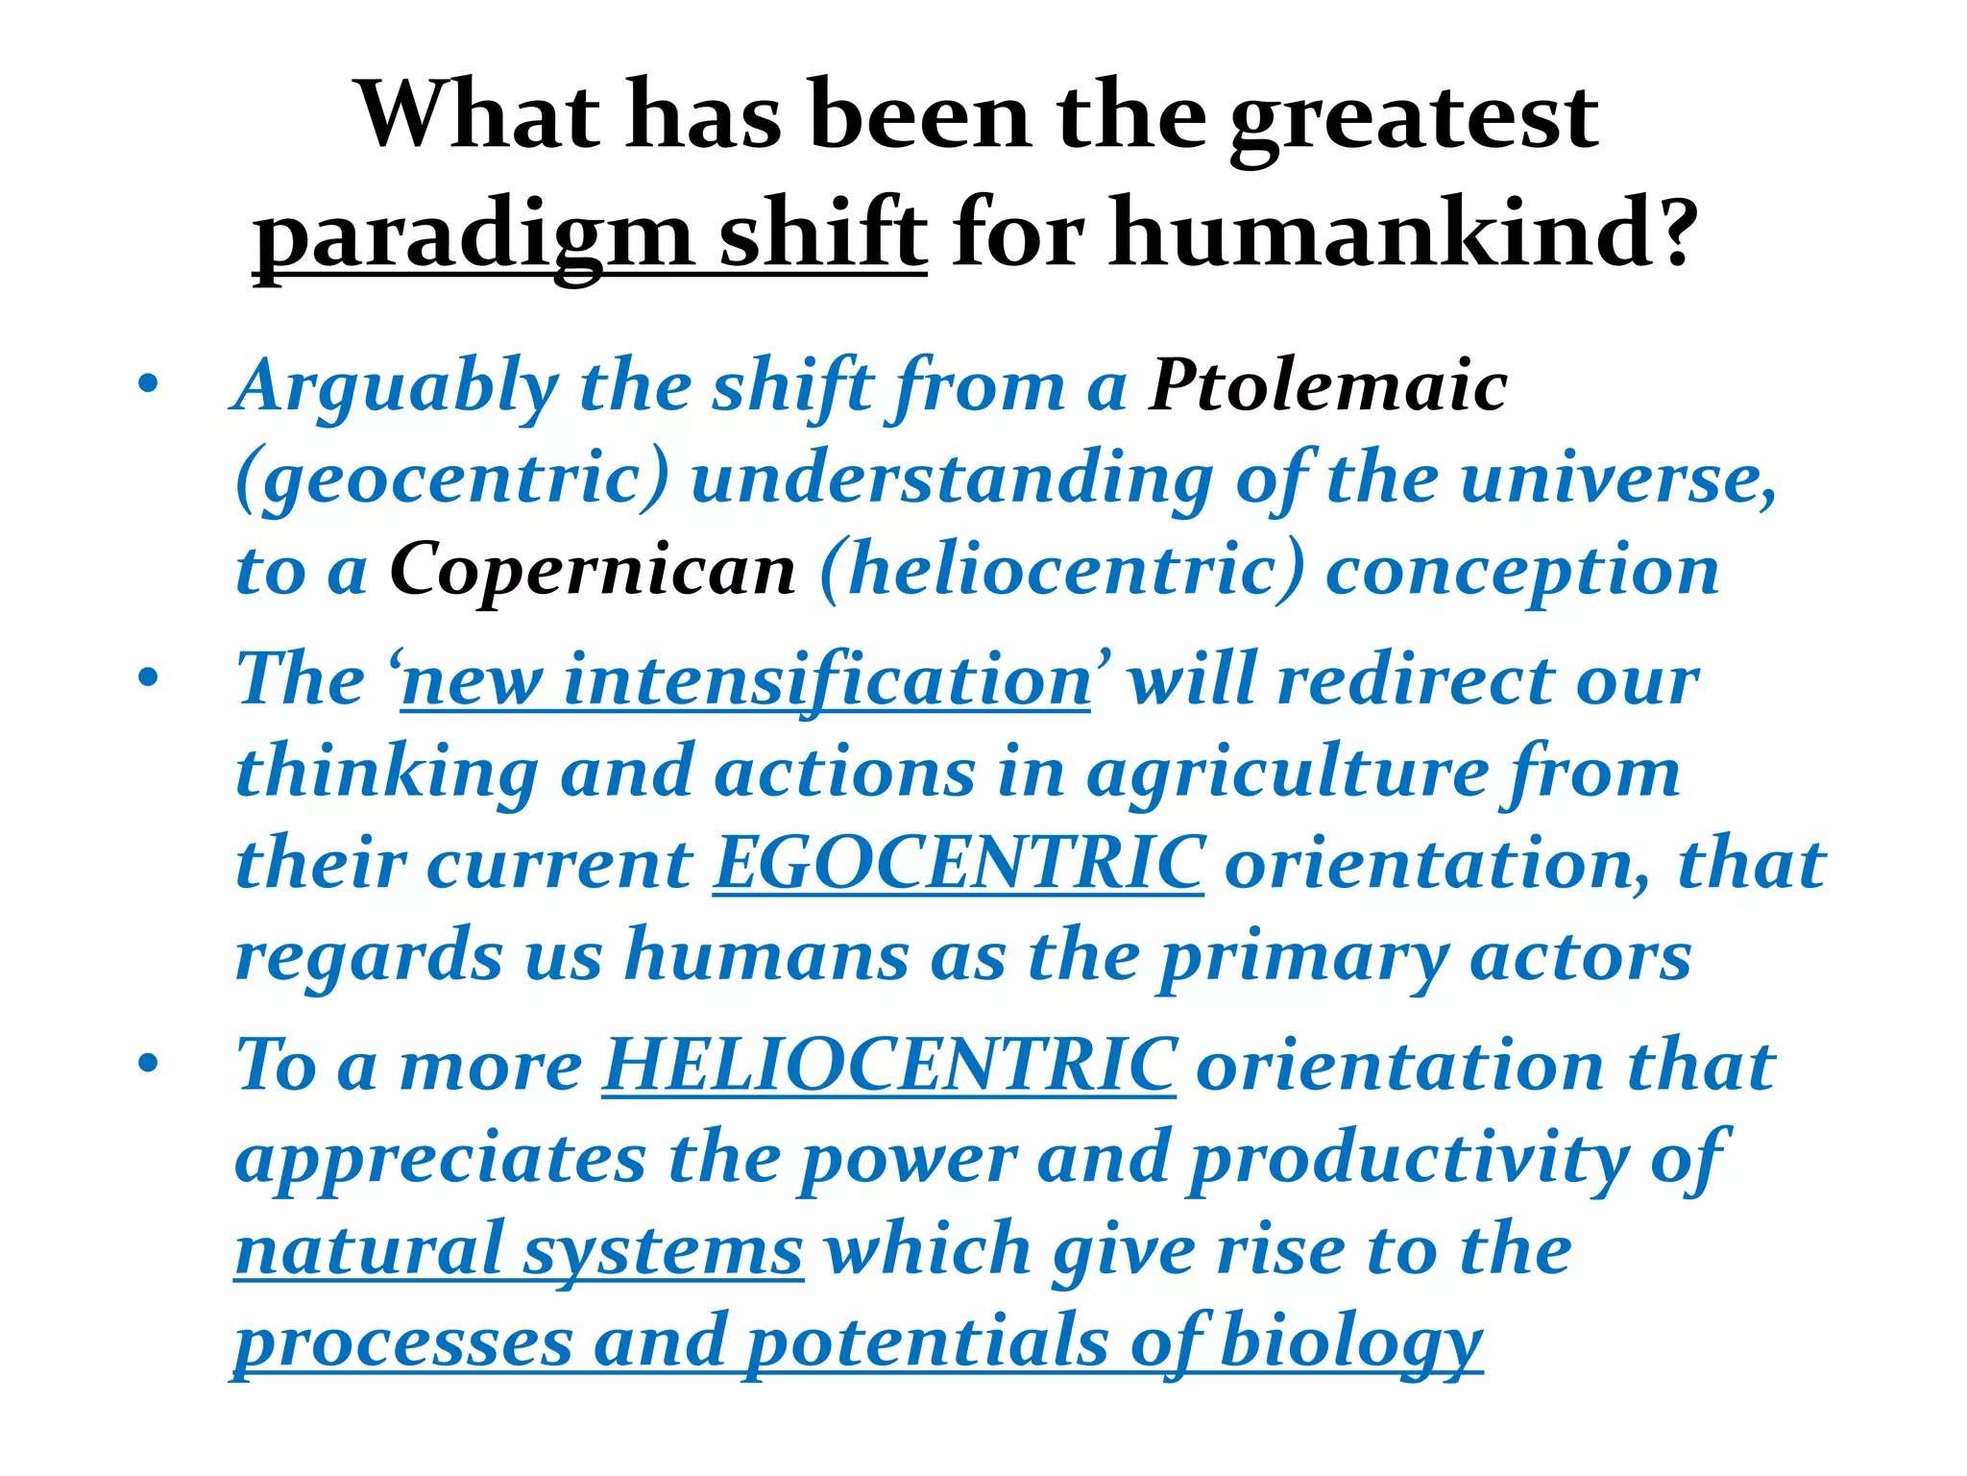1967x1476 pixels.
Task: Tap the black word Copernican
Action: (593, 570)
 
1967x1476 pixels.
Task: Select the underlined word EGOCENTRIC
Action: (958, 863)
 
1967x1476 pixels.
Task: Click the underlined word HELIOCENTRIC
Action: (888, 1066)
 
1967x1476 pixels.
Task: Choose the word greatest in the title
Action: (1414, 117)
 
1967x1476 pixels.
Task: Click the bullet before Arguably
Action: (147, 385)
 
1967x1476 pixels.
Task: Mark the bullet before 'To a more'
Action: (147, 1065)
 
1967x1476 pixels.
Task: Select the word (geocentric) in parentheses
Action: (452, 479)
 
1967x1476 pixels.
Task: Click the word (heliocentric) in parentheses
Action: (1062, 570)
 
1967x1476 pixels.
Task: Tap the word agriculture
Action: (1286, 772)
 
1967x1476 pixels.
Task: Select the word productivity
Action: (1408, 1159)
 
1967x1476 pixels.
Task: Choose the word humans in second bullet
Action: (766, 956)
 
